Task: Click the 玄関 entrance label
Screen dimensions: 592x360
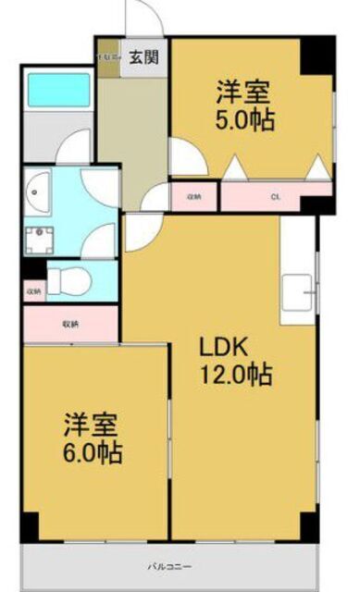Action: click(143, 57)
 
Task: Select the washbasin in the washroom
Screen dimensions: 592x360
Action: click(40, 194)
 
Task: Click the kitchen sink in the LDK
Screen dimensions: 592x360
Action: click(299, 295)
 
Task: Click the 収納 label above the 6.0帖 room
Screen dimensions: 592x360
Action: click(70, 324)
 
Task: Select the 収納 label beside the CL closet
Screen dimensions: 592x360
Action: click(193, 196)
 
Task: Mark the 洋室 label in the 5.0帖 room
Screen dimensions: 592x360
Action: click(244, 92)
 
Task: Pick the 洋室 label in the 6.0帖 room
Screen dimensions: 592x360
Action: click(91, 426)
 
